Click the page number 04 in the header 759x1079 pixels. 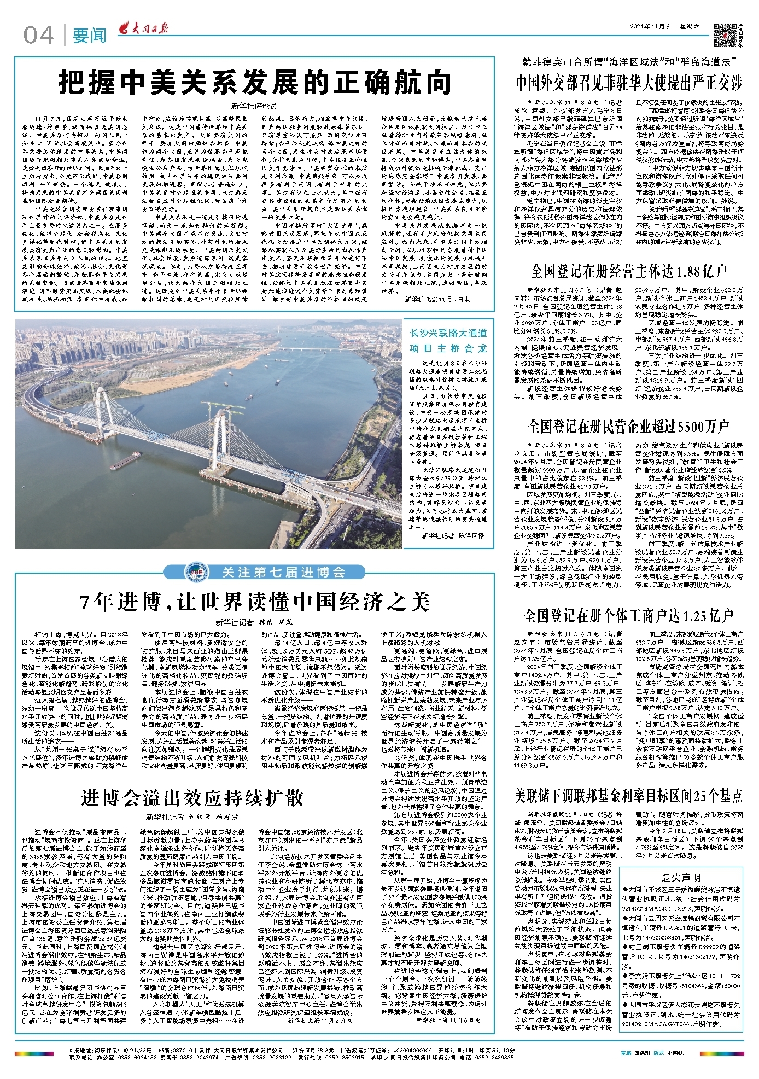point(38,36)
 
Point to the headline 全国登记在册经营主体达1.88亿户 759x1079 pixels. point(629,271)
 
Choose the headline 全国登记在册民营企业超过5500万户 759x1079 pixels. point(629,425)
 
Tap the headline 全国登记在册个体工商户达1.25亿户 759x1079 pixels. point(629,615)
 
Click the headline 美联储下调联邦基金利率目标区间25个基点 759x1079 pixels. point(629,795)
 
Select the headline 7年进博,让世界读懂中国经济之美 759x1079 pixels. point(255,602)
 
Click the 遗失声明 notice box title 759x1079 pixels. point(681,877)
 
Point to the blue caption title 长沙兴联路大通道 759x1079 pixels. point(448,333)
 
